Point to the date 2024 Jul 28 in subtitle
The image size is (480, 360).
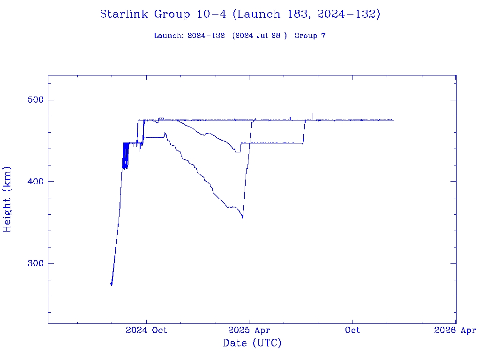[x=259, y=36]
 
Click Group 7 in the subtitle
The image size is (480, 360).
[x=310, y=36]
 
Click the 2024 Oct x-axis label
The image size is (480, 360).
[x=146, y=330]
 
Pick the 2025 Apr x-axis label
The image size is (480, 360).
[x=249, y=330]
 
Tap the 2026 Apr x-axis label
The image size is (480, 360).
[x=455, y=330]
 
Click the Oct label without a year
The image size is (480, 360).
[x=352, y=330]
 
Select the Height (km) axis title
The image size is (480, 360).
[x=7, y=199]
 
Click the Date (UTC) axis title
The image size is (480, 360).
[x=252, y=344]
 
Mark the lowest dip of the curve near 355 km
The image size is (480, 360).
[x=242, y=217]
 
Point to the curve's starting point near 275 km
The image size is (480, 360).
[x=111, y=284]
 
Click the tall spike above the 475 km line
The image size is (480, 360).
[x=313, y=114]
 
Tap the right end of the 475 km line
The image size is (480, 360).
[x=394, y=120]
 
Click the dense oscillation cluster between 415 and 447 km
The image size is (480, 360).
[x=125, y=156]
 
